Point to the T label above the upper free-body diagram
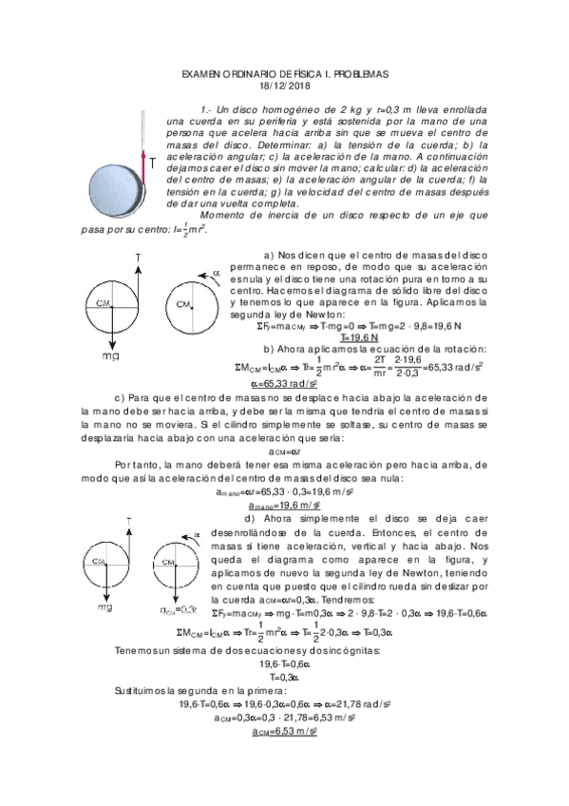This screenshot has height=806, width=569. [x=140, y=258]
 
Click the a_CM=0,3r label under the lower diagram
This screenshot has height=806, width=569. [x=178, y=608]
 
